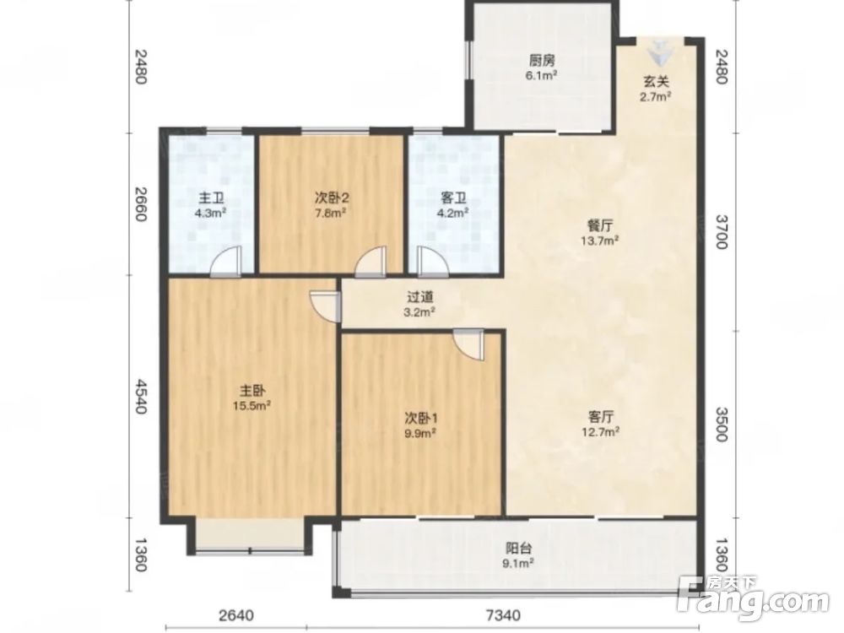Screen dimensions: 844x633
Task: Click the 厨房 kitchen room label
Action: (x=542, y=60)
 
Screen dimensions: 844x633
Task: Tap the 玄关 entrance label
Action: (x=656, y=82)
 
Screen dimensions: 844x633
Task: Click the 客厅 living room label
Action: (x=601, y=417)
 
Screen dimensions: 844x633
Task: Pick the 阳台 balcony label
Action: (x=519, y=549)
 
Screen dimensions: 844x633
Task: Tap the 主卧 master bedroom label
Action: (x=252, y=390)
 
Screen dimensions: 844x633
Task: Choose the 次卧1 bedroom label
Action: (x=420, y=418)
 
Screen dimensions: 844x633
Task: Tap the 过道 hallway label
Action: (x=420, y=297)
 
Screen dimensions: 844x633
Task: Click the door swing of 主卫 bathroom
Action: (x=225, y=262)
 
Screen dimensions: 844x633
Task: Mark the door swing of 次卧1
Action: (x=468, y=344)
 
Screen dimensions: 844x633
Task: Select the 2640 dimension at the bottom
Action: (x=235, y=614)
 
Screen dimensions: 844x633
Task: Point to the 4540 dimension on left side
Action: (x=141, y=396)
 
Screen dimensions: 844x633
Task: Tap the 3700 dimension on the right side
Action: (x=722, y=232)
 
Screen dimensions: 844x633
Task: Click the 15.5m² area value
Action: (x=252, y=405)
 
